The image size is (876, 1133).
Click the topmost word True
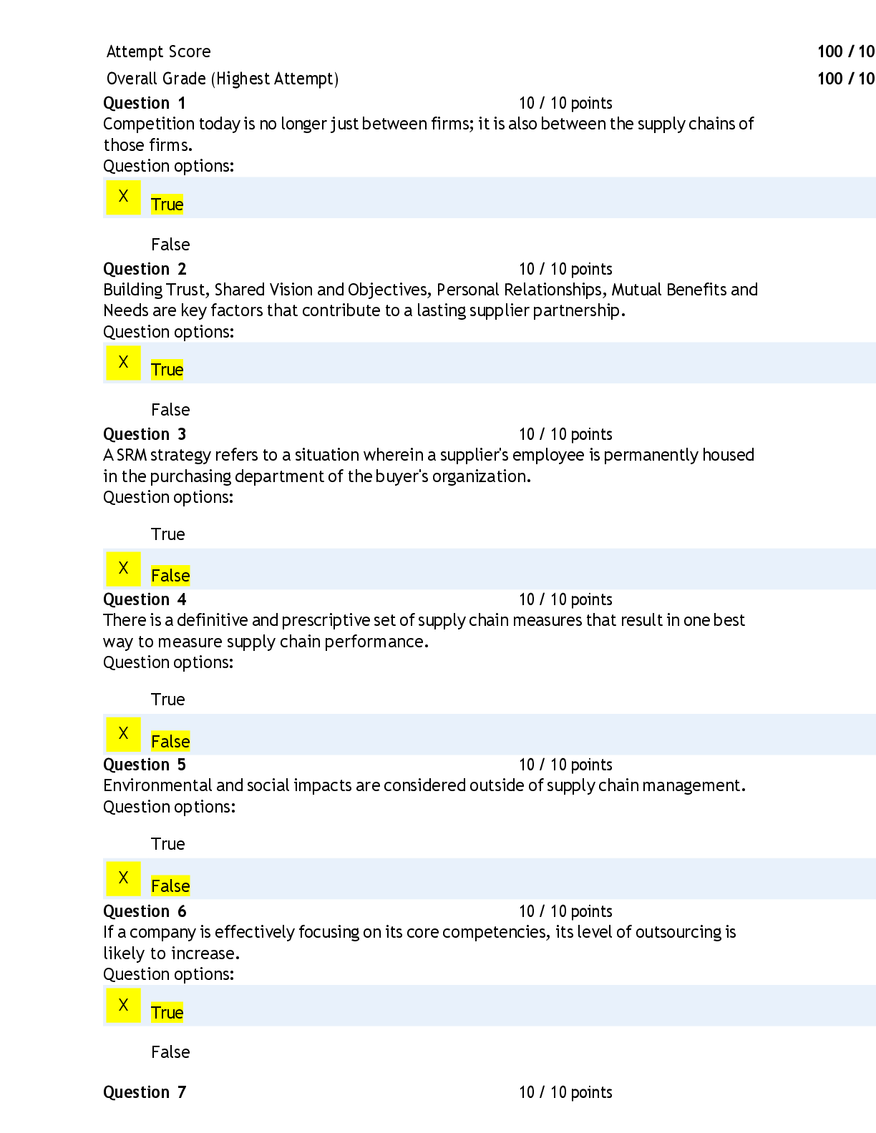pos(167,205)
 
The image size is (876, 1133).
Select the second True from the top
pos(167,370)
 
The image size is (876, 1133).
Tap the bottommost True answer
pos(167,1013)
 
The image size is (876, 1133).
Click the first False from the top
pos(170,576)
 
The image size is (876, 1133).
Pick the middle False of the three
pos(170,742)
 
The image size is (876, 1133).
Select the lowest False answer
pos(170,886)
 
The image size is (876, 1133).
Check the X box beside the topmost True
pos(124,197)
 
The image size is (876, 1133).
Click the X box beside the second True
pos(124,363)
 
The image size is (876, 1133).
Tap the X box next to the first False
pos(124,569)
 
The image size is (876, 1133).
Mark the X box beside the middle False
pos(124,734)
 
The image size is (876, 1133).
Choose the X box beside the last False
pos(124,878)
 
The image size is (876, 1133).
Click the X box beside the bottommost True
pos(124,1006)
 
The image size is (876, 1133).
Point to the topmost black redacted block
pos(489,110)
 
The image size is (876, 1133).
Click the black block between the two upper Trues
pos(489,280)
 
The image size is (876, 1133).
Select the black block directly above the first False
pos(489,466)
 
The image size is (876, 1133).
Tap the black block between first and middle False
pos(489,652)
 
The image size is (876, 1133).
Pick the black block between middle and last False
pos(489,806)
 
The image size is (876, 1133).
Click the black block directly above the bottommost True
pos(489,942)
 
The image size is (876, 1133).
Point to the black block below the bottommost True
pos(489,1064)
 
